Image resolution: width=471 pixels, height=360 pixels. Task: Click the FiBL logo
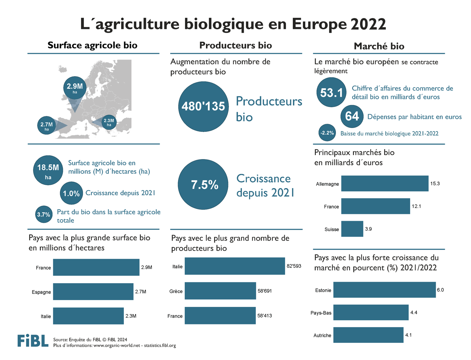coord(33,341)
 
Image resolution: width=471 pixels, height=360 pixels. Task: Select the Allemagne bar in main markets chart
coord(384,184)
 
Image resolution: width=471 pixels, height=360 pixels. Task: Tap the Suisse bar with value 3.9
coord(352,229)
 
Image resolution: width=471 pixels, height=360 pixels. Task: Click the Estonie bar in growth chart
coord(384,290)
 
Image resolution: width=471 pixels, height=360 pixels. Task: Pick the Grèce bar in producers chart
coord(220,291)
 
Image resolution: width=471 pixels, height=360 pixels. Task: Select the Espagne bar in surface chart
coord(93,291)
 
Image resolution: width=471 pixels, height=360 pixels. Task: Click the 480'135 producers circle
coord(203,107)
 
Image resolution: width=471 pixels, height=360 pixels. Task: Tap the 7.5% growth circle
coord(203,184)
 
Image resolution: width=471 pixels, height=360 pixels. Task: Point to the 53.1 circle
coord(331,92)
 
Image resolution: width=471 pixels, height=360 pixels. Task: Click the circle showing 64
coord(352,116)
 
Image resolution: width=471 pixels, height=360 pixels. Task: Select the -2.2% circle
coord(327,133)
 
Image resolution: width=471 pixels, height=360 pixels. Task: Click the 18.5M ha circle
coord(48,170)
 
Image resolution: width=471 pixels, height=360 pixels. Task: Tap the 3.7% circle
coord(44,214)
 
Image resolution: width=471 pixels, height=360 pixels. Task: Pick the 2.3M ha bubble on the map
coord(109,122)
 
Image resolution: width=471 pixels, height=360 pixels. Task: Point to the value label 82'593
coord(294,266)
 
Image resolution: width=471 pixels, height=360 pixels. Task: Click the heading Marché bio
coord(379,46)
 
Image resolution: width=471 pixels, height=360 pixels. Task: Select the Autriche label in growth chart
coord(322,335)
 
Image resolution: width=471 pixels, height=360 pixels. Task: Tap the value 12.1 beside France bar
coord(416,206)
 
